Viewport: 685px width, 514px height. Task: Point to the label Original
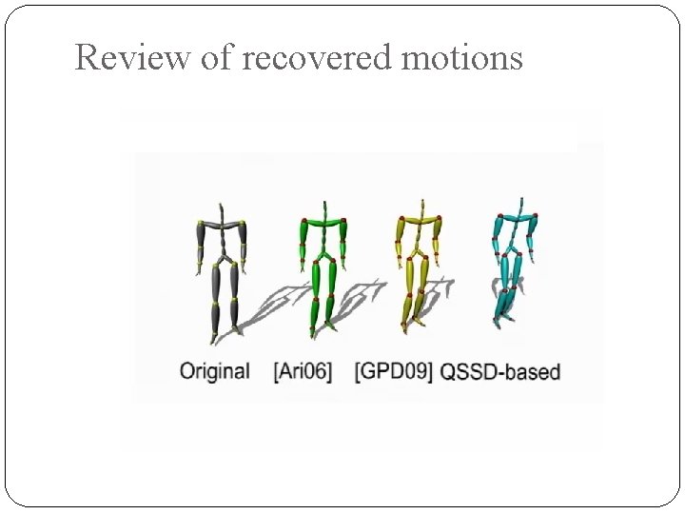pyautogui.click(x=214, y=371)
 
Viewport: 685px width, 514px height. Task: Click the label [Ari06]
pyautogui.click(x=303, y=371)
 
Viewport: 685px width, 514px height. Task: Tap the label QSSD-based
pyautogui.click(x=500, y=371)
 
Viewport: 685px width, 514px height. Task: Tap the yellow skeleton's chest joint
pyautogui.click(x=420, y=222)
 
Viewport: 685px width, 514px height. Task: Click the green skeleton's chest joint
pyautogui.click(x=324, y=222)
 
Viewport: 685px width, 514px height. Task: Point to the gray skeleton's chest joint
pyautogui.click(x=221, y=224)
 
